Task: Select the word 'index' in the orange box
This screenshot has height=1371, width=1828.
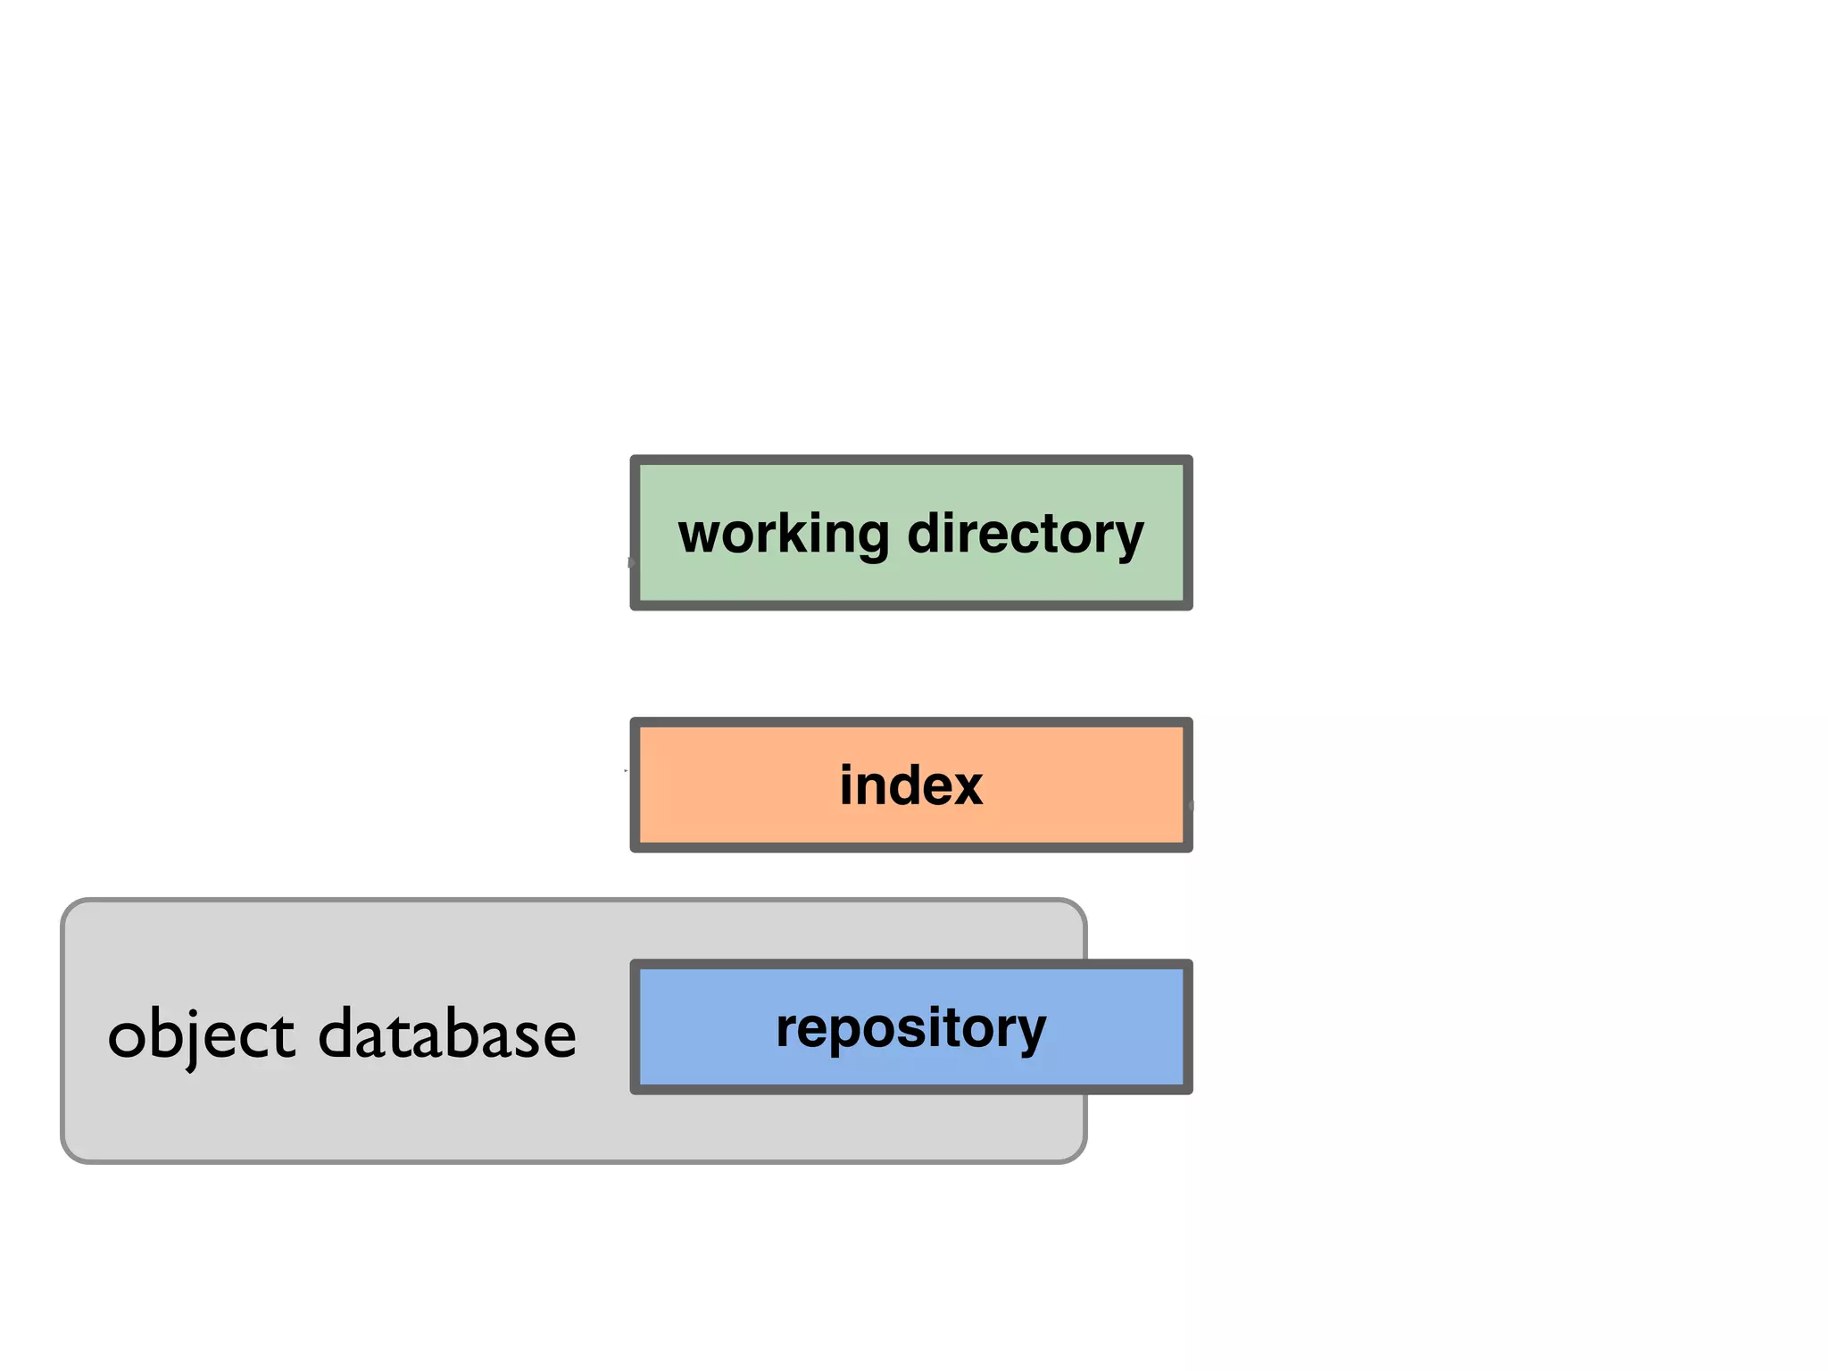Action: point(910,785)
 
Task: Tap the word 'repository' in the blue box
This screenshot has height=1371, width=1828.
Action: point(910,1028)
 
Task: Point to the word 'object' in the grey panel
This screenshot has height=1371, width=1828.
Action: point(201,1035)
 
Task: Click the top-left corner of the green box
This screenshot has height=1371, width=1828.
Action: point(635,460)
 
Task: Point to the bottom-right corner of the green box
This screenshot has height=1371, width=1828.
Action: point(1188,606)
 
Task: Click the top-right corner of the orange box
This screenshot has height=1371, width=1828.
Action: point(1188,722)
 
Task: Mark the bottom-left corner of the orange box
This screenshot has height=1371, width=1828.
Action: point(635,847)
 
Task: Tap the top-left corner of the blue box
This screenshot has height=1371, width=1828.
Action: point(635,965)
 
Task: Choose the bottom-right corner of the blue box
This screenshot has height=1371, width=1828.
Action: point(1188,1089)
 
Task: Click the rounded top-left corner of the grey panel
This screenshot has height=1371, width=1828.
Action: point(70,909)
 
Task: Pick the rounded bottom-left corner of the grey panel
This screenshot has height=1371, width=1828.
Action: point(70,1153)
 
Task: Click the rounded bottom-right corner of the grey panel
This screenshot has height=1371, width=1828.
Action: point(1077,1153)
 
